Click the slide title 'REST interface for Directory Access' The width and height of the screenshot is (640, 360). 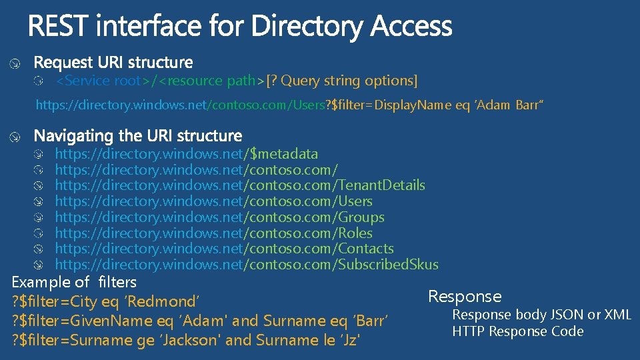point(240,27)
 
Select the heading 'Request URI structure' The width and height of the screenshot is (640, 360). point(113,63)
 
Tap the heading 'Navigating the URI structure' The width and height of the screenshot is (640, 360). point(138,136)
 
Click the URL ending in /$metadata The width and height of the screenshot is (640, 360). point(186,154)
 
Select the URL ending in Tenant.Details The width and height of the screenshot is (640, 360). point(239,185)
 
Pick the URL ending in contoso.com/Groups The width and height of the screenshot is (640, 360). point(219,217)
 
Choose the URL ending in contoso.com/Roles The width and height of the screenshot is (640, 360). point(213,233)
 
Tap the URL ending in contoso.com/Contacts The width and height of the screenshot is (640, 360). point(224,249)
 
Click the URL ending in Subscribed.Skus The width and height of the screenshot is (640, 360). point(246,265)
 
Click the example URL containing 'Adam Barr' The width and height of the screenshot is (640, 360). point(290,105)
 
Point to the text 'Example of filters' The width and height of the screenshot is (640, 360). point(74,282)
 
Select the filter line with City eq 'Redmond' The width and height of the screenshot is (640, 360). point(107,301)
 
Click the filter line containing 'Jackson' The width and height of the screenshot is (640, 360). point(187,340)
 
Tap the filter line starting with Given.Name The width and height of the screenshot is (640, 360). point(200,321)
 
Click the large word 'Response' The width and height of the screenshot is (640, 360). point(465,297)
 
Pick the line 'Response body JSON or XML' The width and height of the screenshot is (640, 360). point(541,315)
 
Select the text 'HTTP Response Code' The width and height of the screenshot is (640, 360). point(518,331)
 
